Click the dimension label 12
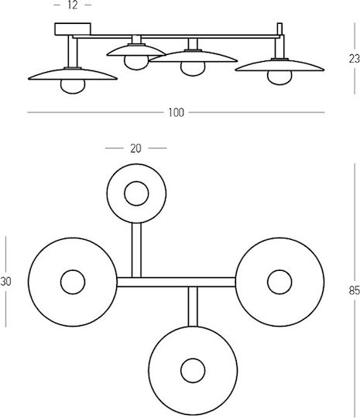point(73,5)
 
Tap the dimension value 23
point(355,59)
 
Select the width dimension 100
point(176,112)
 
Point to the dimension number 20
point(135,148)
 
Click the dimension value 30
point(5,282)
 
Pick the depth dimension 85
point(355,290)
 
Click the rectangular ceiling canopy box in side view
point(73,29)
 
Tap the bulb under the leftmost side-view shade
point(73,87)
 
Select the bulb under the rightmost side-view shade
point(279,77)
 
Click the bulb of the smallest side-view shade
point(136,63)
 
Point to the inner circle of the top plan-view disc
point(136,194)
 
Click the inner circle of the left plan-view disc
point(73,282)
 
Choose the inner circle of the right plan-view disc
point(279,282)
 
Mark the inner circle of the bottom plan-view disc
point(193,371)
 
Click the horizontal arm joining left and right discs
point(176,282)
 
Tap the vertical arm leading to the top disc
point(136,250)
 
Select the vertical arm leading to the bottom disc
point(193,307)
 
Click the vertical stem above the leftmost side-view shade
point(73,51)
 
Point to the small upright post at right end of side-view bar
point(279,29)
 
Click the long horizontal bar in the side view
point(176,36)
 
